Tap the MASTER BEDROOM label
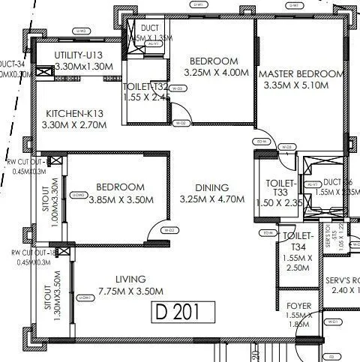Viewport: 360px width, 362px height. [x=301, y=75]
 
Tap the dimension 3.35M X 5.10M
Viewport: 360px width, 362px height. [x=301, y=86]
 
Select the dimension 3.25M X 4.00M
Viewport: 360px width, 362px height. [x=213, y=74]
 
